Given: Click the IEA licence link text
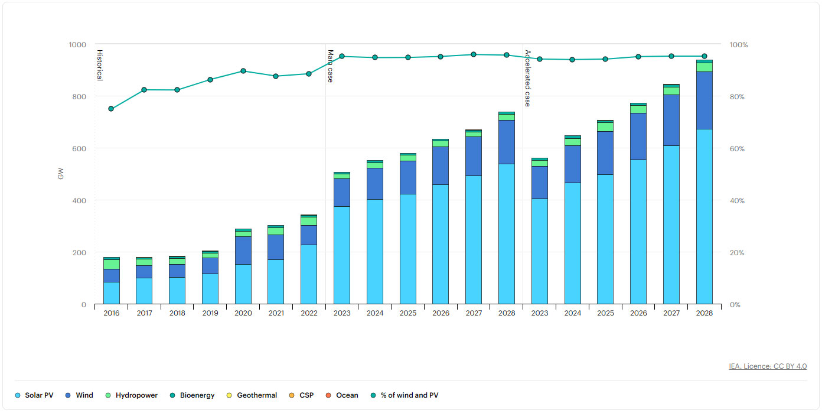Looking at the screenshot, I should coord(768,366).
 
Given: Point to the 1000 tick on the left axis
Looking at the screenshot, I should coord(77,45).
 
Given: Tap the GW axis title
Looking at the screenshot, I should coord(60,174).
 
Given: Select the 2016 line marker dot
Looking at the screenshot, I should coord(111,109).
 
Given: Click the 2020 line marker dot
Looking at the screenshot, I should coord(243,71).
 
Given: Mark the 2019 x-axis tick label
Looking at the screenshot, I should coord(210,313).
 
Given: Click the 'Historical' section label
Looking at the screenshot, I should coord(100,64).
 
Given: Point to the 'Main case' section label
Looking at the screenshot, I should coord(331,66).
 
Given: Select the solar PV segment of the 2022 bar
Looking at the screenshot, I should coord(309,274).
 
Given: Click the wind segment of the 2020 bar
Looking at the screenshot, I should coord(243,250).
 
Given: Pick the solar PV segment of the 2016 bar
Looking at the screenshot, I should coord(111,293).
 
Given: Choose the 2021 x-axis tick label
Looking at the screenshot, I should coord(276,313).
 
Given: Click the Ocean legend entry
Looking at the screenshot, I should coord(347,395).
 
